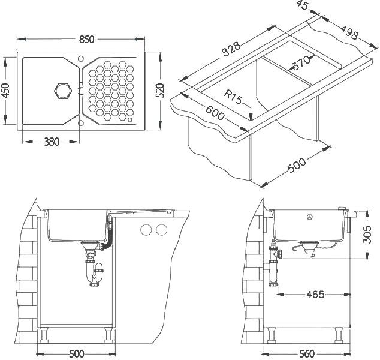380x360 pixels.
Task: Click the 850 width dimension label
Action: point(86,39)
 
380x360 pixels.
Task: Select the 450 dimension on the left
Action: point(5,91)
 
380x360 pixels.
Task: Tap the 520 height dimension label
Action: point(159,91)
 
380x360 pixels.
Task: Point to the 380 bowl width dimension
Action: point(52,142)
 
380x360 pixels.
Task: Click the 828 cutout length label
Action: point(231,49)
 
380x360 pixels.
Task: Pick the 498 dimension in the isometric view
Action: point(349,32)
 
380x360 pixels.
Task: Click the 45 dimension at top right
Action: point(302,5)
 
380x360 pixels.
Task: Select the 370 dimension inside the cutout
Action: point(301,63)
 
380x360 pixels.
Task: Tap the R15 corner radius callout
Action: point(233,97)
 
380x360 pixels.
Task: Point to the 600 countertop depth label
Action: point(215,113)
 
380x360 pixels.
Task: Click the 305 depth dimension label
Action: point(367,235)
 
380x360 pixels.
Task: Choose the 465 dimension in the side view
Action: point(315,295)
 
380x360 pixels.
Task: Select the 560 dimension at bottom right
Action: point(306,353)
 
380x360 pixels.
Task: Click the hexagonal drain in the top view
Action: point(63,91)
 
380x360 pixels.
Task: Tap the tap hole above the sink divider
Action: point(81,59)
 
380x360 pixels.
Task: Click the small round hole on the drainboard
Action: point(130,120)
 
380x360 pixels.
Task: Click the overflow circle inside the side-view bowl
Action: point(310,217)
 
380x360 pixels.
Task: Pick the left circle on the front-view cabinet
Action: point(146,230)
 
